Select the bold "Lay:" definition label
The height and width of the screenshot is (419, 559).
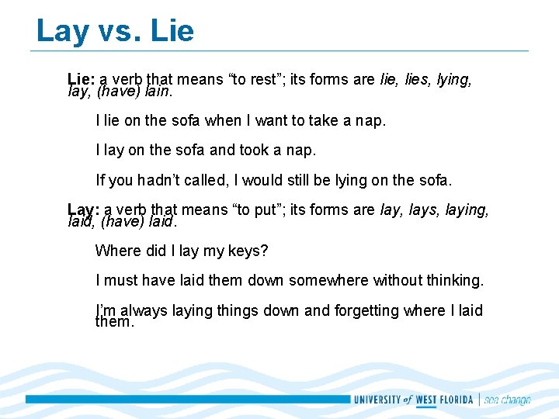(83, 209)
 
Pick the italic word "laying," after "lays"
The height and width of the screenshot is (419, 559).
(467, 209)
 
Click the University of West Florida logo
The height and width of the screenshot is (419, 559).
(415, 400)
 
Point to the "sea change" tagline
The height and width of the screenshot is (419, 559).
(507, 400)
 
